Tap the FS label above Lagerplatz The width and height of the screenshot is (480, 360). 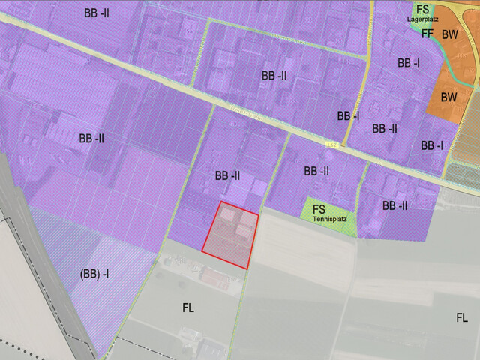tap(424, 10)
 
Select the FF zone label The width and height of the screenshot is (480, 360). tap(427, 34)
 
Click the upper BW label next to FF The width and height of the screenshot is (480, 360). tap(450, 34)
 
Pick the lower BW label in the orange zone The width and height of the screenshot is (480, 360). tap(449, 97)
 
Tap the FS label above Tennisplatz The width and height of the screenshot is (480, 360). tap(319, 209)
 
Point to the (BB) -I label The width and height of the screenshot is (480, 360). tap(94, 274)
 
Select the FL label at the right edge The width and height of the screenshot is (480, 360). tap(462, 318)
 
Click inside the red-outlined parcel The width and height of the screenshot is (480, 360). tap(230, 235)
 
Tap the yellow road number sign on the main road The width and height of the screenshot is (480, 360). tap(331, 143)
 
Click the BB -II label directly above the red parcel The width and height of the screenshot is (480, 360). tap(227, 176)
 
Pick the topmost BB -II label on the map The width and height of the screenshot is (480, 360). tap(98, 13)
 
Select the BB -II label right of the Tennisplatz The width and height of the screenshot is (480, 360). tap(394, 205)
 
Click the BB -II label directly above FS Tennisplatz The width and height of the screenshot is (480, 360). tap(316, 171)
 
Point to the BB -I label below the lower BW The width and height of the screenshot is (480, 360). tap(432, 145)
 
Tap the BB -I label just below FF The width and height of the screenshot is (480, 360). tap(409, 64)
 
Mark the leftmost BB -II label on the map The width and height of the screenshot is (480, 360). tap(91, 139)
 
